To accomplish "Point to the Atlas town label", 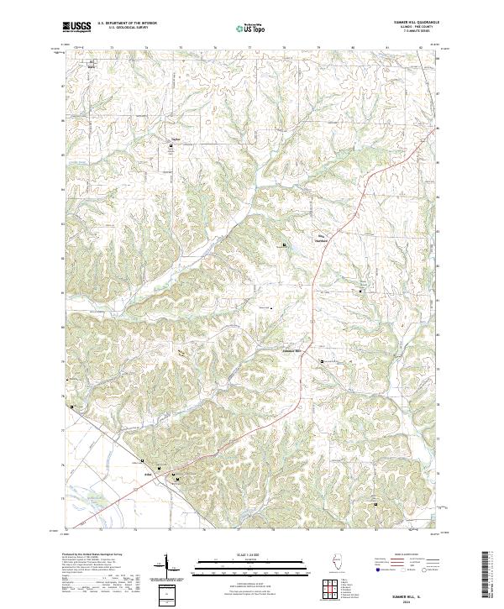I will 148,475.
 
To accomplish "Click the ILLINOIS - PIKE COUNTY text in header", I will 420,28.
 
